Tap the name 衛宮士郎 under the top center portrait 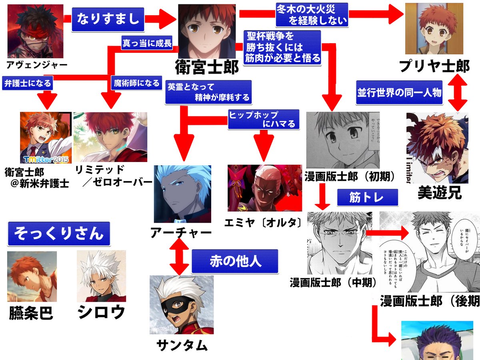(x=207, y=67)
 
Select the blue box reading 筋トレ (x=367, y=198)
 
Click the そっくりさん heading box (x=58, y=233)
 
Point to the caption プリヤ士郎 (x=435, y=66)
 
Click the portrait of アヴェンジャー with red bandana (x=35, y=31)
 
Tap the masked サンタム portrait (x=181, y=305)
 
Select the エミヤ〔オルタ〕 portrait (x=264, y=188)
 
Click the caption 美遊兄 (x=440, y=193)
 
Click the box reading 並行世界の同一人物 (x=399, y=93)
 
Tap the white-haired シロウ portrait (x=101, y=276)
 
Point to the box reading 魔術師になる (x=136, y=83)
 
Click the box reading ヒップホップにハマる (x=264, y=119)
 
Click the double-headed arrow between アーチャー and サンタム (x=179, y=256)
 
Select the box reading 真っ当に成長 (x=147, y=43)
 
